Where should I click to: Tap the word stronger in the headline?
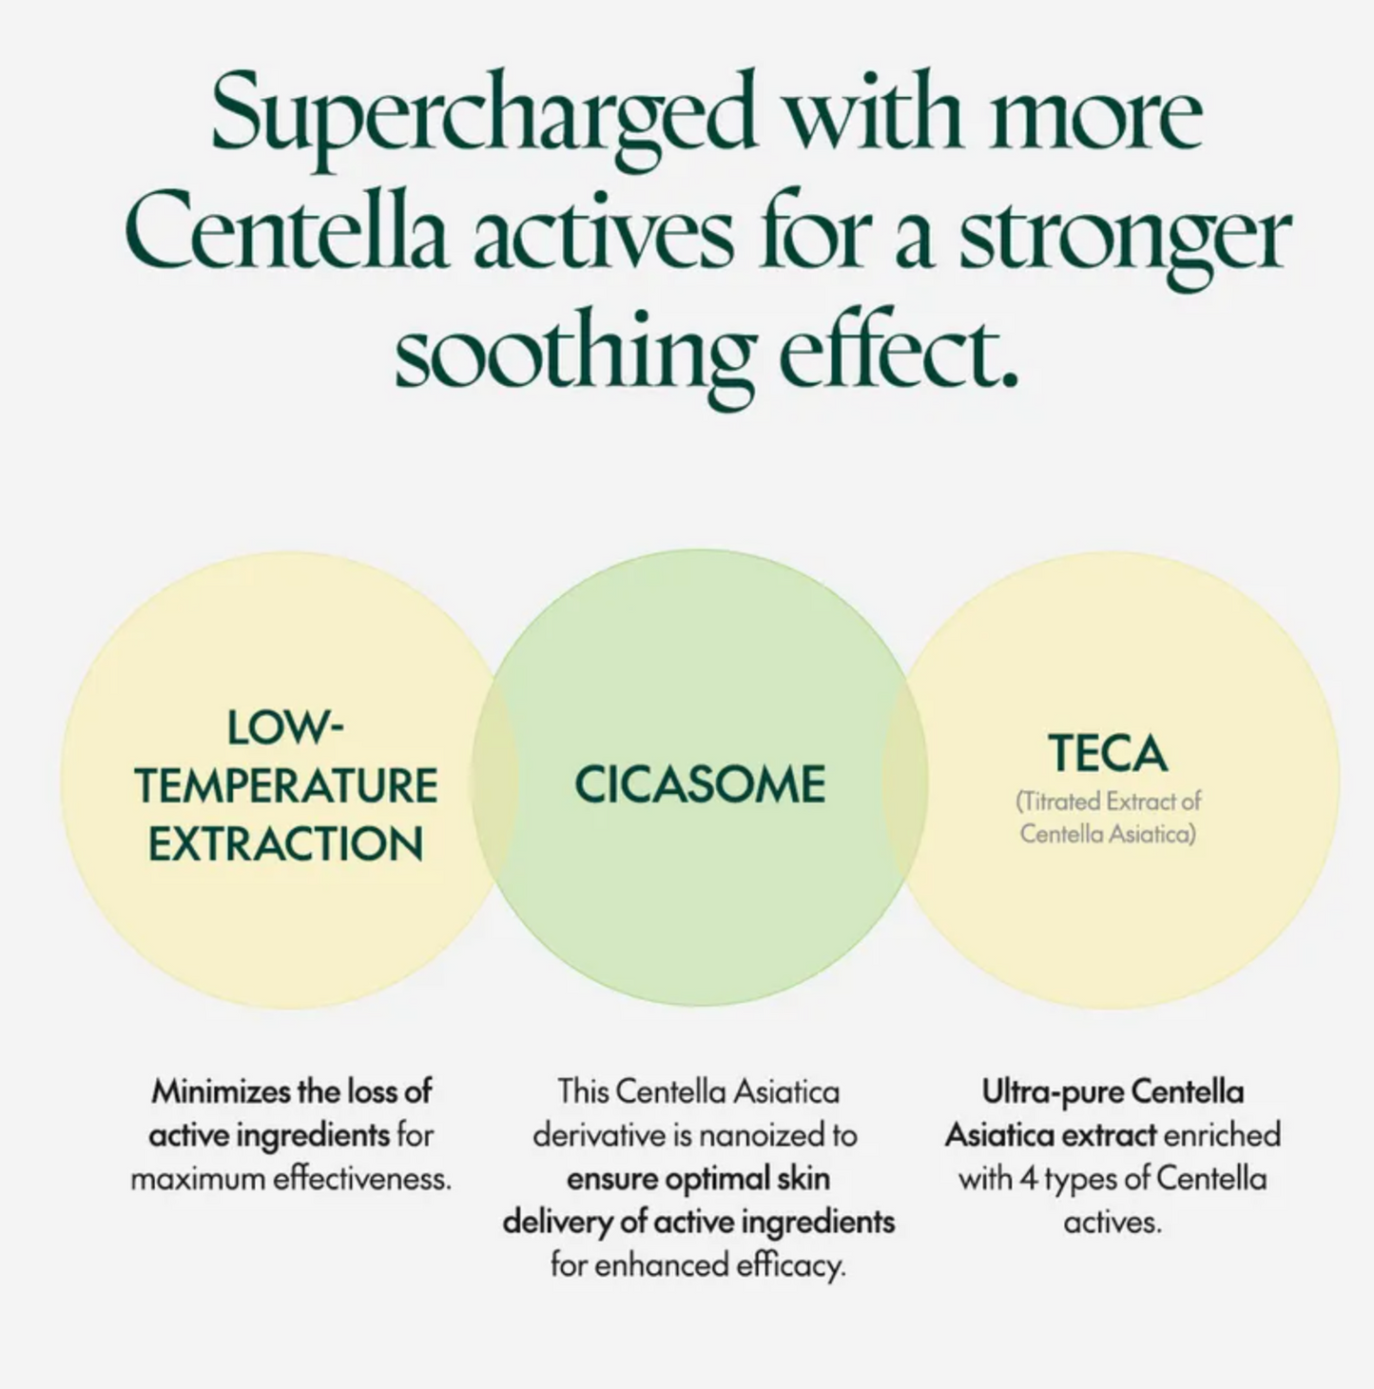click(1124, 237)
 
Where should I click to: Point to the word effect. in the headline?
click(897, 355)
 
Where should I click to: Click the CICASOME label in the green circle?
click(700, 785)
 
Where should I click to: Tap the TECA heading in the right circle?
click(1108, 753)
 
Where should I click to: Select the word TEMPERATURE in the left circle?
click(286, 786)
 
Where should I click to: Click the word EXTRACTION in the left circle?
click(286, 844)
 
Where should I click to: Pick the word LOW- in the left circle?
click(285, 728)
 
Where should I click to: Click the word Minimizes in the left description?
click(221, 1091)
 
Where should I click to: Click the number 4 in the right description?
click(1028, 1179)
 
